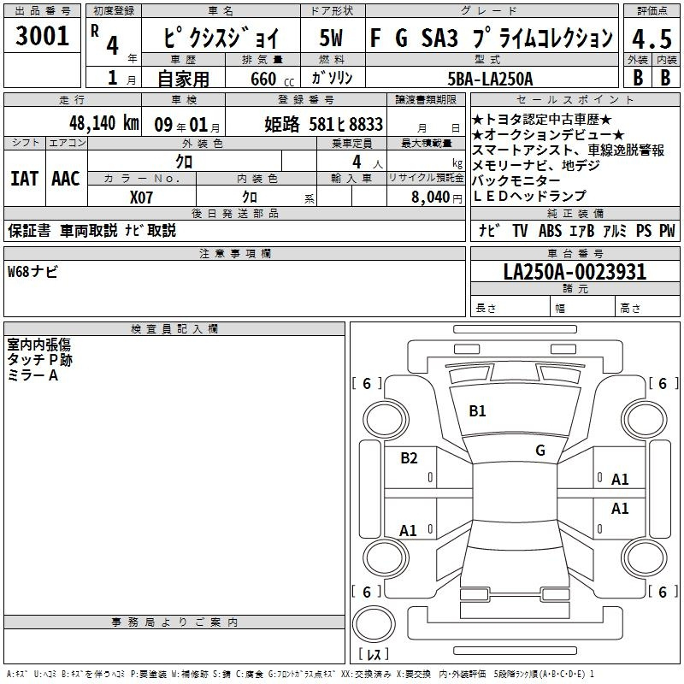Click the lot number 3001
click(x=42, y=36)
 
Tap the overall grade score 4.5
click(x=652, y=38)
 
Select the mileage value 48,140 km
click(x=103, y=123)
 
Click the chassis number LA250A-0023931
click(x=575, y=271)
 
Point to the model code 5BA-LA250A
click(x=490, y=79)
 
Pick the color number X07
click(x=141, y=198)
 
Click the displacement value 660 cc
click(x=272, y=79)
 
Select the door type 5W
click(x=331, y=38)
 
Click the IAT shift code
click(x=25, y=179)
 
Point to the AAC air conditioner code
click(x=66, y=179)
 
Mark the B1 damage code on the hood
click(x=477, y=410)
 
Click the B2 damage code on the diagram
click(x=409, y=457)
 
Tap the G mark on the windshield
click(x=540, y=450)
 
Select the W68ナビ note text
click(x=32, y=271)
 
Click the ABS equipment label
click(x=550, y=230)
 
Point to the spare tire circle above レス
click(x=374, y=625)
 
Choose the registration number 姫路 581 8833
click(x=324, y=124)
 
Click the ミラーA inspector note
click(x=32, y=375)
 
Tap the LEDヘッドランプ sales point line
click(x=529, y=197)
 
